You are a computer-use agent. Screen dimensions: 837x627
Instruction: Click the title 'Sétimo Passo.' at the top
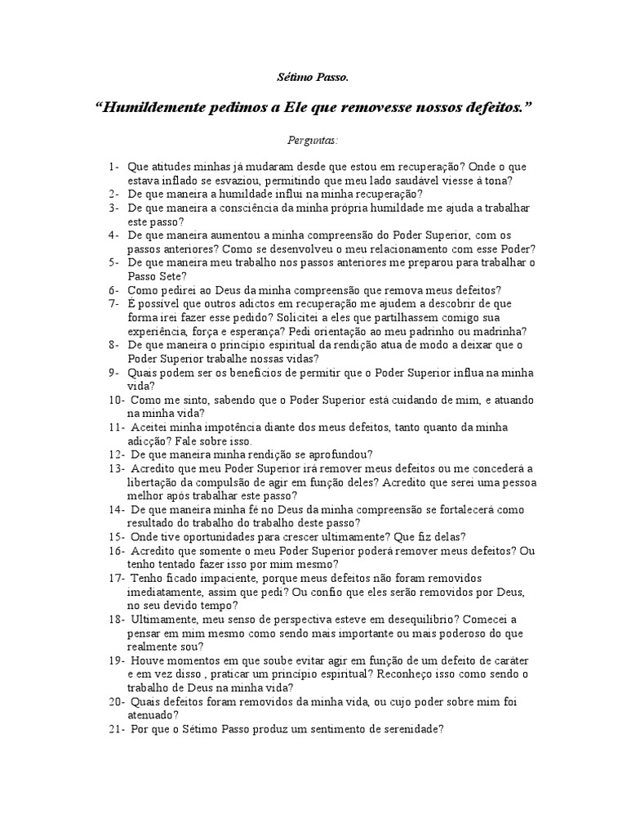point(313,78)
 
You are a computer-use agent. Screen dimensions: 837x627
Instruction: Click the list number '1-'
point(113,168)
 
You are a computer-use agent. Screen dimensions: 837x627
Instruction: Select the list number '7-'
point(113,303)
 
